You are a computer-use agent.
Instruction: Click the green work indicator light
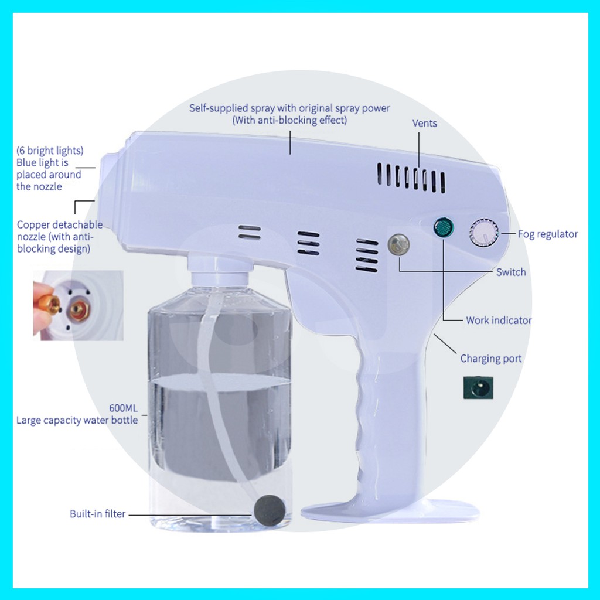444,228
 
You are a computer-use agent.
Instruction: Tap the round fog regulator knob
484,233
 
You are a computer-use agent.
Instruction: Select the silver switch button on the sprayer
398,245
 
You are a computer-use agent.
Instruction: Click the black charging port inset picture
478,388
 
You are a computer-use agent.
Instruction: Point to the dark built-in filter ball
270,510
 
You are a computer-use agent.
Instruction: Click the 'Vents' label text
424,123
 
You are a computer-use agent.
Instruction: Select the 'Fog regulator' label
548,234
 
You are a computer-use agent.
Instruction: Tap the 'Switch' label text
511,272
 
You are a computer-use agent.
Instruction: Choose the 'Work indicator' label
499,321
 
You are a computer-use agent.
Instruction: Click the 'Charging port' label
490,359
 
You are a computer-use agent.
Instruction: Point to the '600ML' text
123,408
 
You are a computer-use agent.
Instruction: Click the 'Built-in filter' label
98,513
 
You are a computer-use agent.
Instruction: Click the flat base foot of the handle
390,510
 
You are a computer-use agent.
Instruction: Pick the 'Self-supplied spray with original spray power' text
289,108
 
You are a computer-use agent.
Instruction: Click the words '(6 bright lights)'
50,151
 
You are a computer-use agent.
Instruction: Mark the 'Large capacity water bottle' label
77,420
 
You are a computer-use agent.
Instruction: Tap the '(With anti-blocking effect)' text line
289,120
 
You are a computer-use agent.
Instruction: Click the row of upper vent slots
411,178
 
